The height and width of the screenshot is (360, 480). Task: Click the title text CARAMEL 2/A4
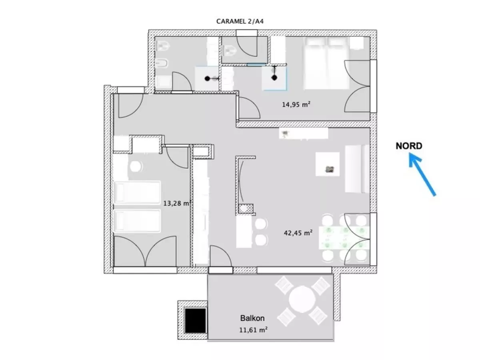tap(240, 22)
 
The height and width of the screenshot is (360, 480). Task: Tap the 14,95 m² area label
tap(296, 104)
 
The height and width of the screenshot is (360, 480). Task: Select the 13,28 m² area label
tap(177, 203)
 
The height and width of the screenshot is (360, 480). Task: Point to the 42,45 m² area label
tap(298, 233)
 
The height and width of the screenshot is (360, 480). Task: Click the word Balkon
tap(252, 318)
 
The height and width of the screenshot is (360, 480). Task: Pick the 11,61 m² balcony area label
tap(253, 330)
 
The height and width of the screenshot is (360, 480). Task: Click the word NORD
tap(409, 146)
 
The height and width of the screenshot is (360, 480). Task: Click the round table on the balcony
tap(302, 300)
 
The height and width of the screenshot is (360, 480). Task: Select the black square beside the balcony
tap(195, 320)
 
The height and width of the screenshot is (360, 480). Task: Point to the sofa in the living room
tap(357, 168)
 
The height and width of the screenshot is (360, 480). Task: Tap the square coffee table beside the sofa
tap(327, 164)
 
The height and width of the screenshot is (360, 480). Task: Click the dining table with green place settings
tap(344, 238)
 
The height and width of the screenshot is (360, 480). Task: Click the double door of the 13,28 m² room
tap(145, 251)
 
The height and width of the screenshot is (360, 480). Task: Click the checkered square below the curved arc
tap(246, 208)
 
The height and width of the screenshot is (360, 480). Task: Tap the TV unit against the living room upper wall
tap(304, 133)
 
